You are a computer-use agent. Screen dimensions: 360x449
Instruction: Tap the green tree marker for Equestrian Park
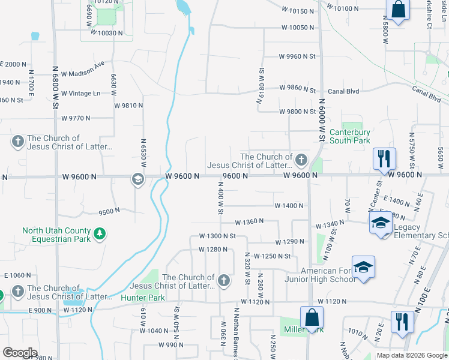pyautogui.click(x=100, y=233)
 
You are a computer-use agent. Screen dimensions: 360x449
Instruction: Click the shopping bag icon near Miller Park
pyautogui.click(x=312, y=317)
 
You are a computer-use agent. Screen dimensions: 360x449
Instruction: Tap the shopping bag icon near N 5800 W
pyautogui.click(x=398, y=9)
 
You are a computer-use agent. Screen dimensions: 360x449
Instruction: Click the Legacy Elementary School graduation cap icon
pyautogui.click(x=380, y=223)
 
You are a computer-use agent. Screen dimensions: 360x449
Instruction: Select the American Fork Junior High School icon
pyautogui.click(x=363, y=267)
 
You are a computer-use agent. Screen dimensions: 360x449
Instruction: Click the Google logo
pyautogui.click(x=20, y=353)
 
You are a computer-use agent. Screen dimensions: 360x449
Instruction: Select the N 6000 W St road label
pyautogui.click(x=322, y=120)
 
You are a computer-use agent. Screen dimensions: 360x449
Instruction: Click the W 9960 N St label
pyautogui.click(x=297, y=56)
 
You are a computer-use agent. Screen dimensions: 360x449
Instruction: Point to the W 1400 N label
pyautogui.click(x=289, y=206)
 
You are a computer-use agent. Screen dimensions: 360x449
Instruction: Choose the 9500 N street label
pyautogui.click(x=109, y=211)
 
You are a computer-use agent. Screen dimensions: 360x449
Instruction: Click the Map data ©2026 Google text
pyautogui.click(x=411, y=355)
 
